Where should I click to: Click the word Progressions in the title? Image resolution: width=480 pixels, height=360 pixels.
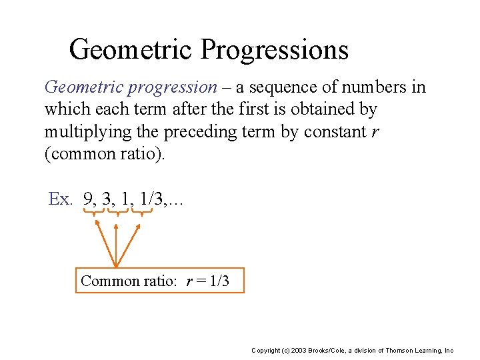point(275,50)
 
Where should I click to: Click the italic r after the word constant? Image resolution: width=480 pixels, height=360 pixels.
point(376,132)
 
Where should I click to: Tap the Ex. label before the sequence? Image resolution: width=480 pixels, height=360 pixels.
point(61,199)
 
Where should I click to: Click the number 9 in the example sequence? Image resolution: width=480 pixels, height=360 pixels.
point(88,199)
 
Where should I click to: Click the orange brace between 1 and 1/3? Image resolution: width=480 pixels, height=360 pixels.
point(142,213)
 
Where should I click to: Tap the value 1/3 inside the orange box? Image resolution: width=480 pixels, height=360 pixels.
point(219,281)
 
